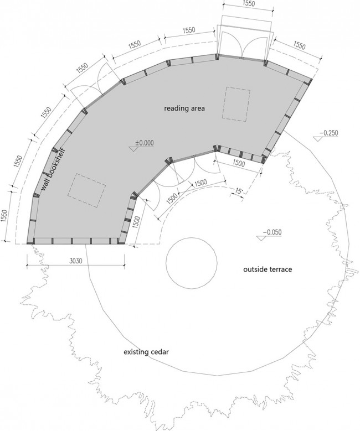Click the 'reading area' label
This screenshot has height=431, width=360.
[184, 108]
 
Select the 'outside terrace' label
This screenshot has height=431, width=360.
[268, 269]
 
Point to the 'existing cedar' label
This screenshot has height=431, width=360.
[146, 352]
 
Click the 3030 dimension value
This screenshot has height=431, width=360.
[75, 261]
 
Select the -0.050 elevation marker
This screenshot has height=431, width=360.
[270, 234]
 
